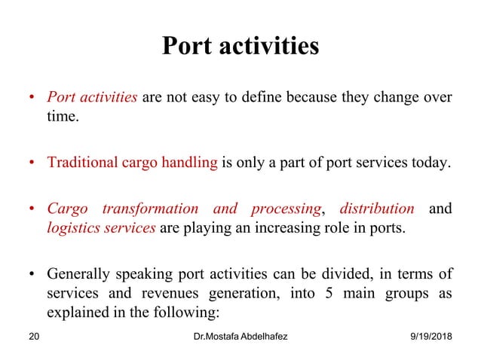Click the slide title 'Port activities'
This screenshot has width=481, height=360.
[x=240, y=47]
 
